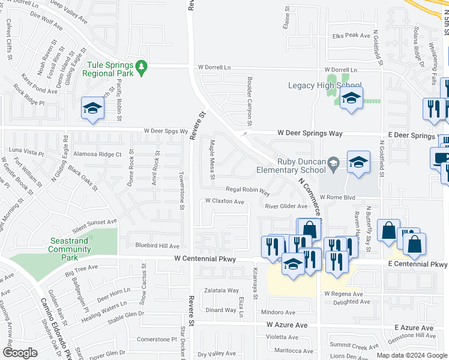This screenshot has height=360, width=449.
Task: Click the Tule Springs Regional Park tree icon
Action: [x=142, y=68]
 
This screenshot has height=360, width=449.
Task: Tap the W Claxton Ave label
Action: [x=224, y=202]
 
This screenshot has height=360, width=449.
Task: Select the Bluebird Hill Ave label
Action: [x=157, y=246]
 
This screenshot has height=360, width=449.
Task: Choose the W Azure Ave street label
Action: [x=287, y=325]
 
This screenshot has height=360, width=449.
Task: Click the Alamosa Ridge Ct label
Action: [x=97, y=154]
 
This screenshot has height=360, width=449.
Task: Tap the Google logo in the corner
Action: [x=20, y=353]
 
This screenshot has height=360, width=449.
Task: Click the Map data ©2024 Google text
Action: [x=411, y=355]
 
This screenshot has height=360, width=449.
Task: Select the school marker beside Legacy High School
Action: [x=351, y=98]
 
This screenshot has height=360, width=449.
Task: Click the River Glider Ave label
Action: [x=286, y=206]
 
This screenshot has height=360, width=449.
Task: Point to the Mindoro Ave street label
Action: [x=279, y=313]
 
